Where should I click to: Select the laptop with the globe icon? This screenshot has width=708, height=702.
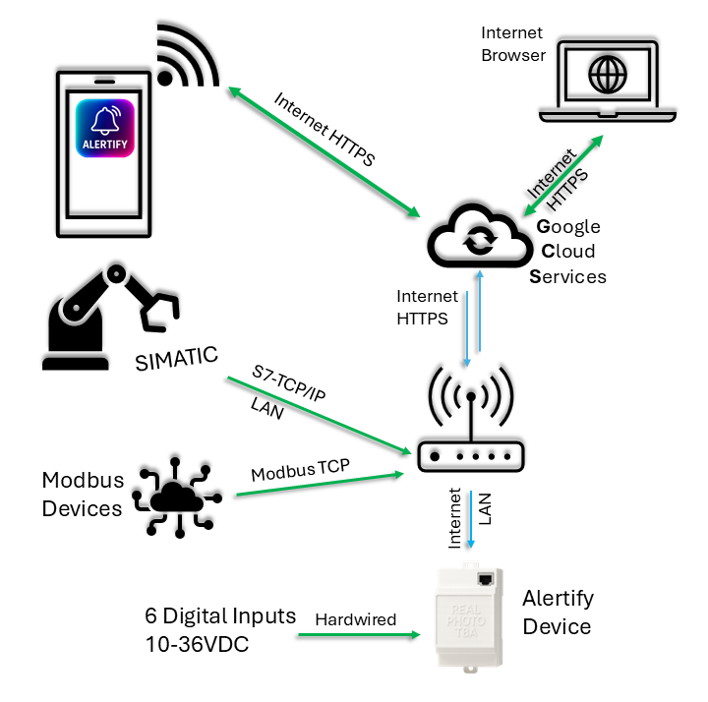click(607, 82)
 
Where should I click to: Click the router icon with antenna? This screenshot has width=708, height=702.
click(471, 423)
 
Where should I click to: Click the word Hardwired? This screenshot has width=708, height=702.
click(355, 619)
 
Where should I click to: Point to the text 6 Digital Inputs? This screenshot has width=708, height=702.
click(219, 616)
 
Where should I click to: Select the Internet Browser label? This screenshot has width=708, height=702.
click(512, 44)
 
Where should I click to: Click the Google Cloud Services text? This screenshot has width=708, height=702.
click(569, 252)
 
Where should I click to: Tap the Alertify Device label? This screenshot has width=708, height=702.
click(558, 613)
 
